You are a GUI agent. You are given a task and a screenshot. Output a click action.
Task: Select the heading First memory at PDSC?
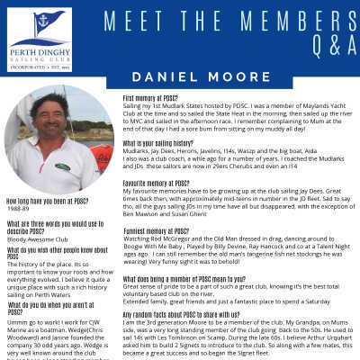click(163, 96)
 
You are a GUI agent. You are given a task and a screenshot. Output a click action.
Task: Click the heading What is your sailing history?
click(166, 143)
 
